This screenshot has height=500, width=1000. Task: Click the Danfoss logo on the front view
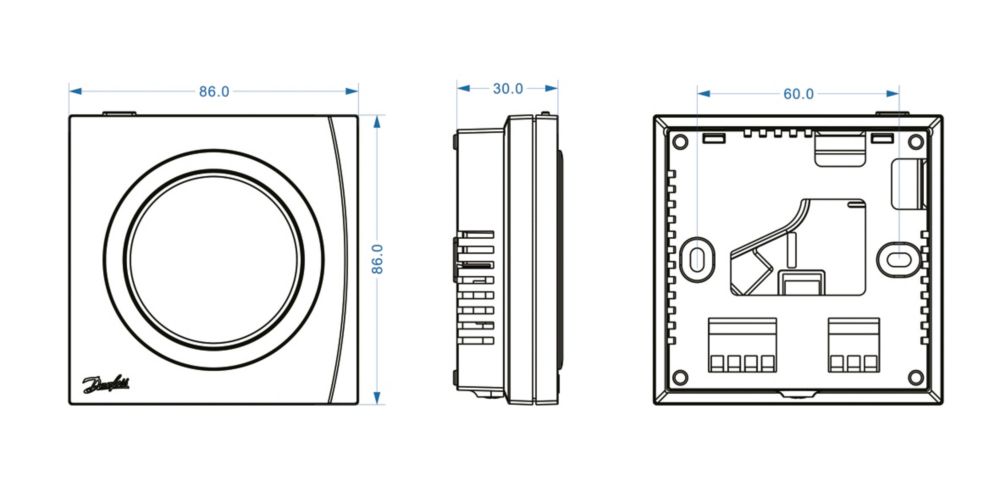click(x=105, y=384)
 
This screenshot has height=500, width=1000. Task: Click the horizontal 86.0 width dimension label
click(x=214, y=91)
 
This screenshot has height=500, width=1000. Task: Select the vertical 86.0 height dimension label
click(x=378, y=259)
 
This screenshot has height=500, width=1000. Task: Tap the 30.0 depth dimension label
click(x=508, y=89)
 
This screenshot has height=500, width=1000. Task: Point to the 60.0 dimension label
click(x=798, y=94)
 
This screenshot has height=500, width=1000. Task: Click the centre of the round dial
click(x=214, y=260)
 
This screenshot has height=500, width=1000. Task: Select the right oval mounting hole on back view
click(x=899, y=259)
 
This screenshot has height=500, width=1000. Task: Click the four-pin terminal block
click(x=742, y=345)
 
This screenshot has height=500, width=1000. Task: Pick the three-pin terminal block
click(x=854, y=345)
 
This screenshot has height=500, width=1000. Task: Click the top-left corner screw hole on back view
click(x=680, y=142)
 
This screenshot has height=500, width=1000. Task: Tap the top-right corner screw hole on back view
click(x=916, y=142)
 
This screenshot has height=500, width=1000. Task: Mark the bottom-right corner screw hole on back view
click(x=916, y=378)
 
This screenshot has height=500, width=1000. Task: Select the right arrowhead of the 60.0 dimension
click(x=892, y=94)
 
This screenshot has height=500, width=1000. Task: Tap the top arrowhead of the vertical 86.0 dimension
click(x=377, y=122)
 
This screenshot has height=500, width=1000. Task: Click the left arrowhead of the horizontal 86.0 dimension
click(x=75, y=91)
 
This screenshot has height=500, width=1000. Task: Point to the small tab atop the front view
click(x=119, y=114)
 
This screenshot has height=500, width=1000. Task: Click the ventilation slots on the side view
click(x=475, y=288)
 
